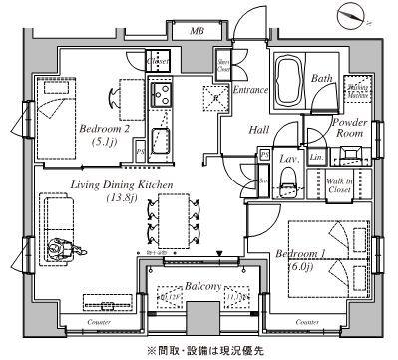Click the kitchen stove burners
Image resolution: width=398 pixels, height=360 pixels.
pyautogui.click(x=162, y=96)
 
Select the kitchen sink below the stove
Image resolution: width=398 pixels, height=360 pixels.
pyautogui.click(x=163, y=138)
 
